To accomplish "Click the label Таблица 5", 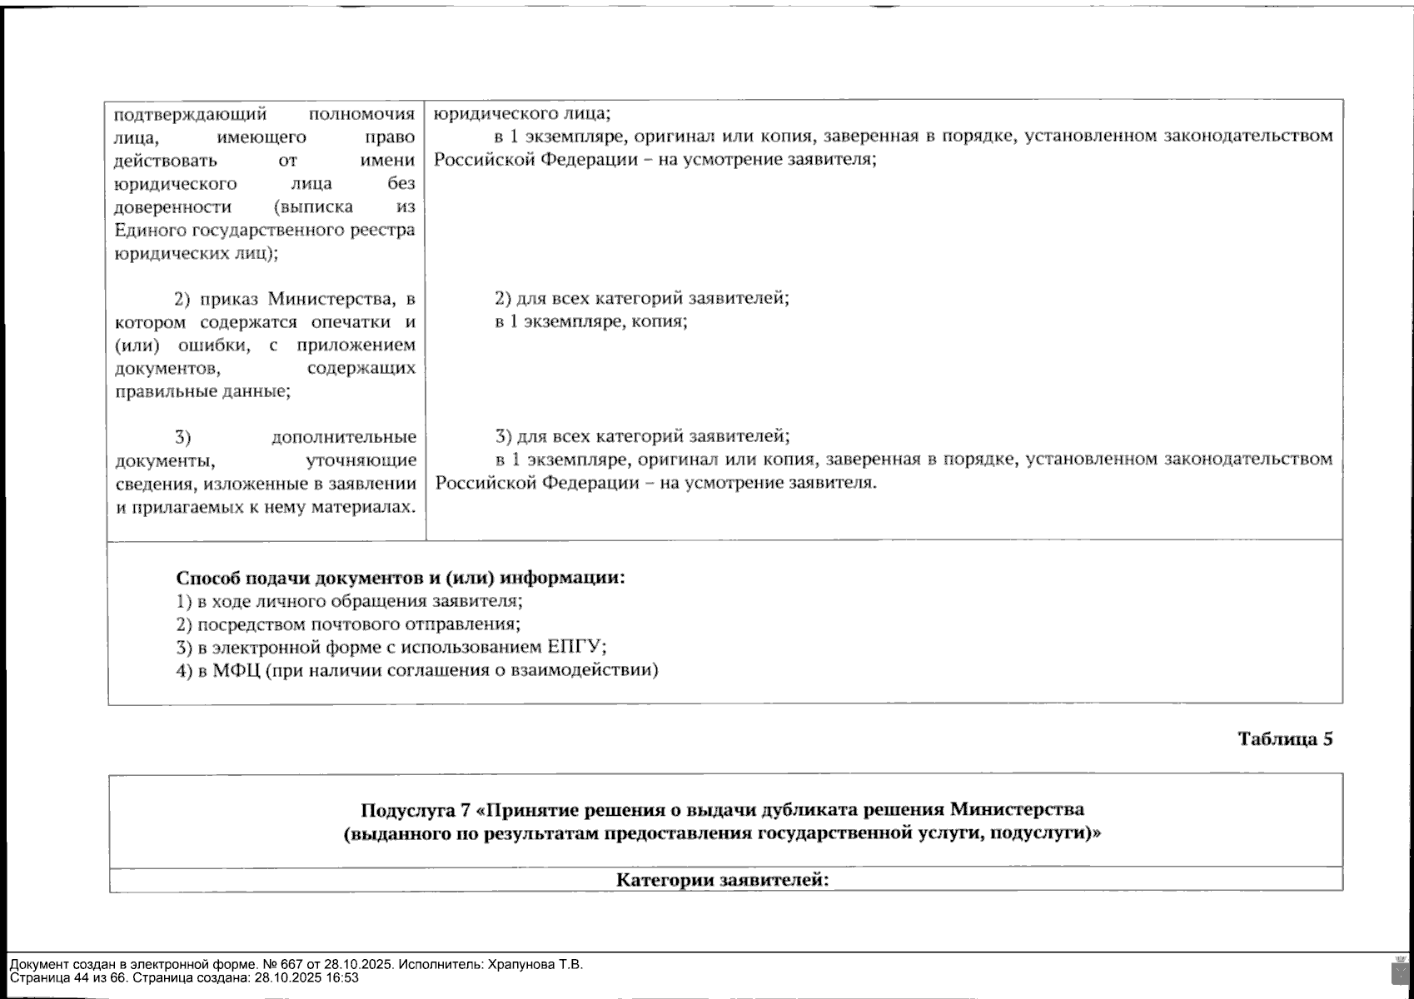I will [x=1284, y=739].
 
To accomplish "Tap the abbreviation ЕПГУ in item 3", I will [x=574, y=648].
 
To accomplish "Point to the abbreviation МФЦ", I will [x=236, y=671].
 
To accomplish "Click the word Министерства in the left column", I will [x=330, y=299].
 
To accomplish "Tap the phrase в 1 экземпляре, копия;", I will [x=590, y=321].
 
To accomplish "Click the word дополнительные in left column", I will [x=343, y=437].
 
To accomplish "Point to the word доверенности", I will [x=172, y=207].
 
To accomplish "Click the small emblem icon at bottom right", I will [x=1400, y=971].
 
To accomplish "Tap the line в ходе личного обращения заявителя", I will [x=349, y=601].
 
